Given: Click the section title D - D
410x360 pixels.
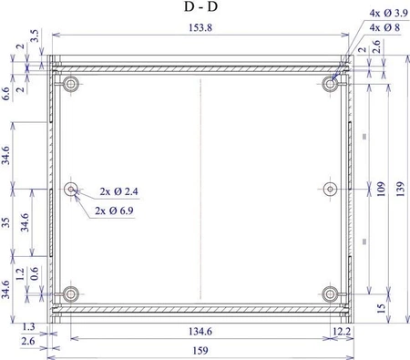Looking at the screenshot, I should pyautogui.click(x=200, y=7).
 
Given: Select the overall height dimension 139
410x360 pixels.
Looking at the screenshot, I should pyautogui.click(x=400, y=189).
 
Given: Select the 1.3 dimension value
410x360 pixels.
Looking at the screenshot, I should pyautogui.click(x=27, y=326).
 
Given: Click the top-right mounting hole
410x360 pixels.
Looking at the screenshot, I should pyautogui.click(x=330, y=83).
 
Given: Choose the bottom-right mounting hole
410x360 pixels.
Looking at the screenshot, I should pyautogui.click(x=330, y=294).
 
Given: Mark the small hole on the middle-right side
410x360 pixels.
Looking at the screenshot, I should pyautogui.click(x=330, y=189).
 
